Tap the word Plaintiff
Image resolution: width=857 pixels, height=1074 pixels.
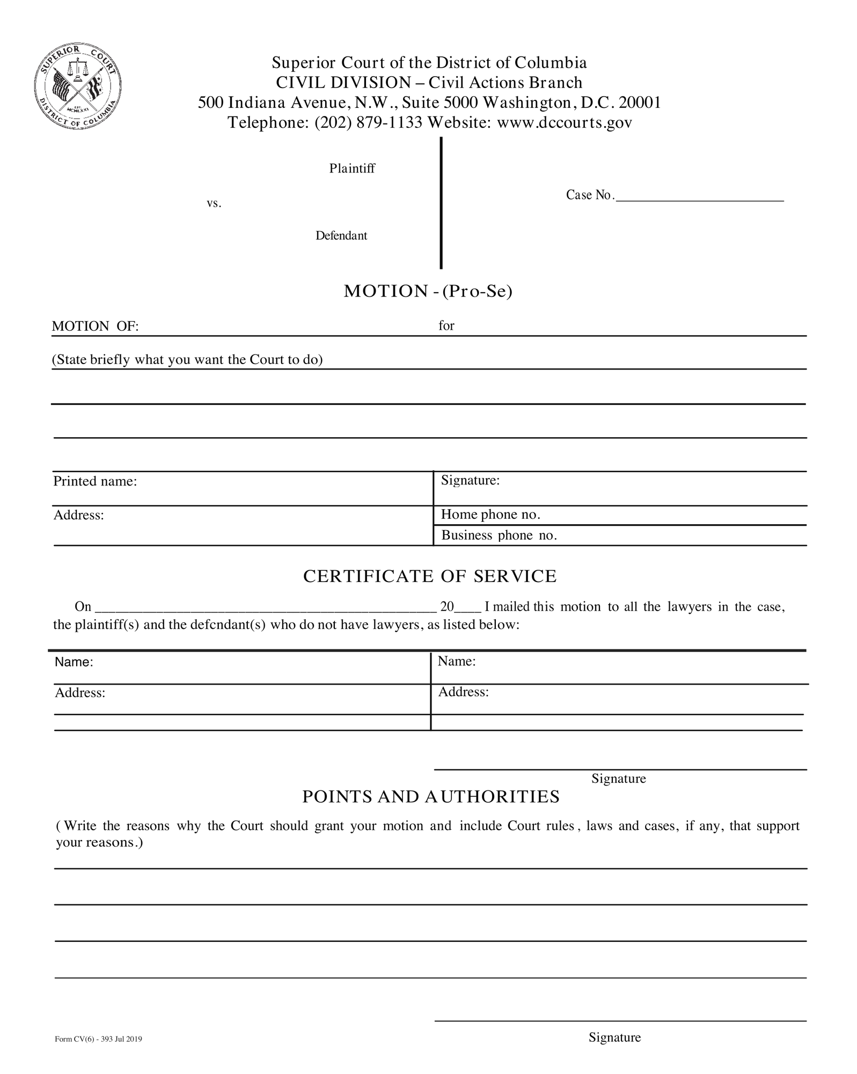351,169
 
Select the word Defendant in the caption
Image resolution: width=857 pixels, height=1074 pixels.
341,236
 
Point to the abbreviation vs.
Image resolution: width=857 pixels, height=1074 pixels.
214,204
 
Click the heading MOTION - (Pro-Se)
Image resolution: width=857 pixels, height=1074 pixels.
428,291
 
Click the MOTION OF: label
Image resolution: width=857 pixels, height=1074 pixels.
95,326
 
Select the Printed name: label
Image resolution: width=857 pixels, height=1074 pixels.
95,482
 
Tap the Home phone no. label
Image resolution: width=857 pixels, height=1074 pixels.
490,514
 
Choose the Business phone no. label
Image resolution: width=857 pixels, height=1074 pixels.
499,535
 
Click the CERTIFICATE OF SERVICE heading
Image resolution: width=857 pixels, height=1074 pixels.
430,576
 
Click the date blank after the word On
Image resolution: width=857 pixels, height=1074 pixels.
265,608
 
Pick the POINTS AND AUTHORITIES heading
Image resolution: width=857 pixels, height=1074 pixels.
430,797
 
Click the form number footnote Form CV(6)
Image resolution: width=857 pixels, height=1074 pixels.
98,1040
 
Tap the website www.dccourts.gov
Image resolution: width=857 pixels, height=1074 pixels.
565,123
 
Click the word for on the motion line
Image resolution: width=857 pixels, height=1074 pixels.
446,325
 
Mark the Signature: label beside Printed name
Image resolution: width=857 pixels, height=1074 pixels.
470,481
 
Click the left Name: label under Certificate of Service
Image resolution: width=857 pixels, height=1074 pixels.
74,663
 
